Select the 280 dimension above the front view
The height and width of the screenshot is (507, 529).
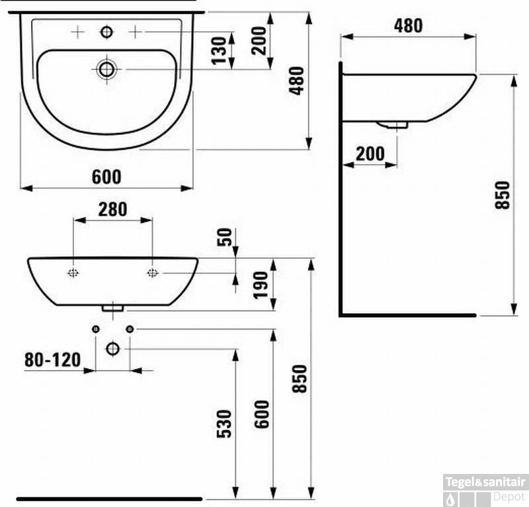click(x=112, y=209)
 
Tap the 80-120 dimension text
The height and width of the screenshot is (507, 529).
click(x=52, y=359)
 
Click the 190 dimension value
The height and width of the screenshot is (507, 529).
click(x=261, y=284)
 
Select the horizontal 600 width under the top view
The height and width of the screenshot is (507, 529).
click(x=106, y=177)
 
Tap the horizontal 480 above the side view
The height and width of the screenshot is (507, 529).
click(x=408, y=26)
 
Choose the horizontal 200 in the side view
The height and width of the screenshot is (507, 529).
click(x=370, y=154)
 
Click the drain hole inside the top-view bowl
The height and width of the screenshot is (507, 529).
click(x=106, y=68)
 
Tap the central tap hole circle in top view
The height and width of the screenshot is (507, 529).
click(x=106, y=31)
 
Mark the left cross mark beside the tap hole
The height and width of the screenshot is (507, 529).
click(x=77, y=31)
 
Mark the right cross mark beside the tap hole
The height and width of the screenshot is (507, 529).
click(x=135, y=31)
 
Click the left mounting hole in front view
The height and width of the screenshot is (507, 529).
click(x=73, y=273)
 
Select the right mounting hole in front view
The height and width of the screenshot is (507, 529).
click(x=152, y=273)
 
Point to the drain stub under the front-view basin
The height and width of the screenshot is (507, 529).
click(x=113, y=307)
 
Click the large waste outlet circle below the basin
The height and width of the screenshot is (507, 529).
click(x=112, y=348)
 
